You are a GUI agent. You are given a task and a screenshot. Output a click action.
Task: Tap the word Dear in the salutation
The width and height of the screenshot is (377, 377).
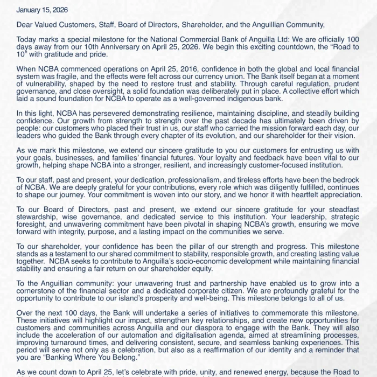pyautogui.click(x=25, y=25)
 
